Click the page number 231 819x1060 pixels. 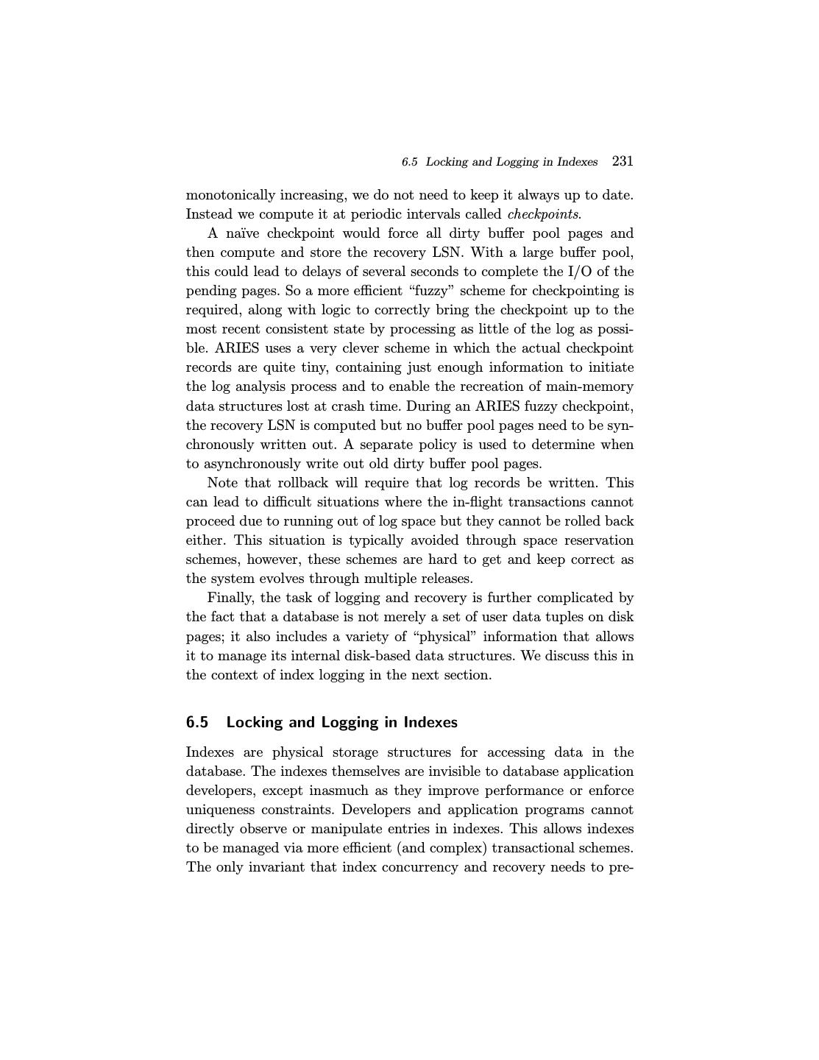623,161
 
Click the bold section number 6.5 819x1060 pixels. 197,722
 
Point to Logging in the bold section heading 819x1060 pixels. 350,722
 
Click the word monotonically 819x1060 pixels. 230,195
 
